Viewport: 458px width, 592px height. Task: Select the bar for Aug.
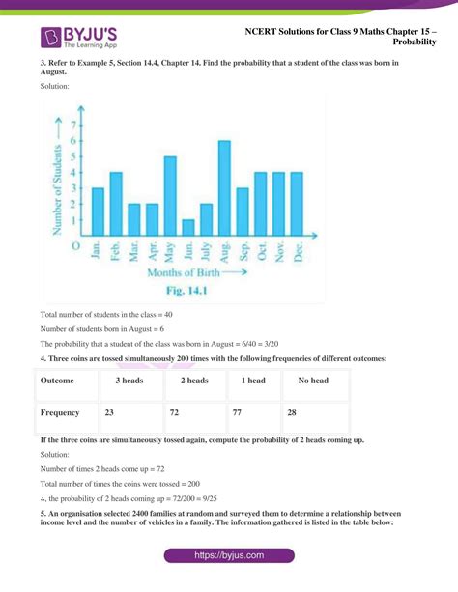[x=224, y=189]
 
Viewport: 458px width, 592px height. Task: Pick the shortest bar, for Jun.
[x=188, y=228]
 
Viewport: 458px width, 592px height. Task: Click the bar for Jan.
[x=98, y=212]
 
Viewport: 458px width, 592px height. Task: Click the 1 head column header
[x=253, y=381]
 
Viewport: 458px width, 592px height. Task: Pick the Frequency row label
[x=60, y=412]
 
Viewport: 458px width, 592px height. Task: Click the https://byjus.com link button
[x=229, y=556]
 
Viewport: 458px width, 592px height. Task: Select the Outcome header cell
[x=60, y=381]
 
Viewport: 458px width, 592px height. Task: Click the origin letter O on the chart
[x=75, y=247]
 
